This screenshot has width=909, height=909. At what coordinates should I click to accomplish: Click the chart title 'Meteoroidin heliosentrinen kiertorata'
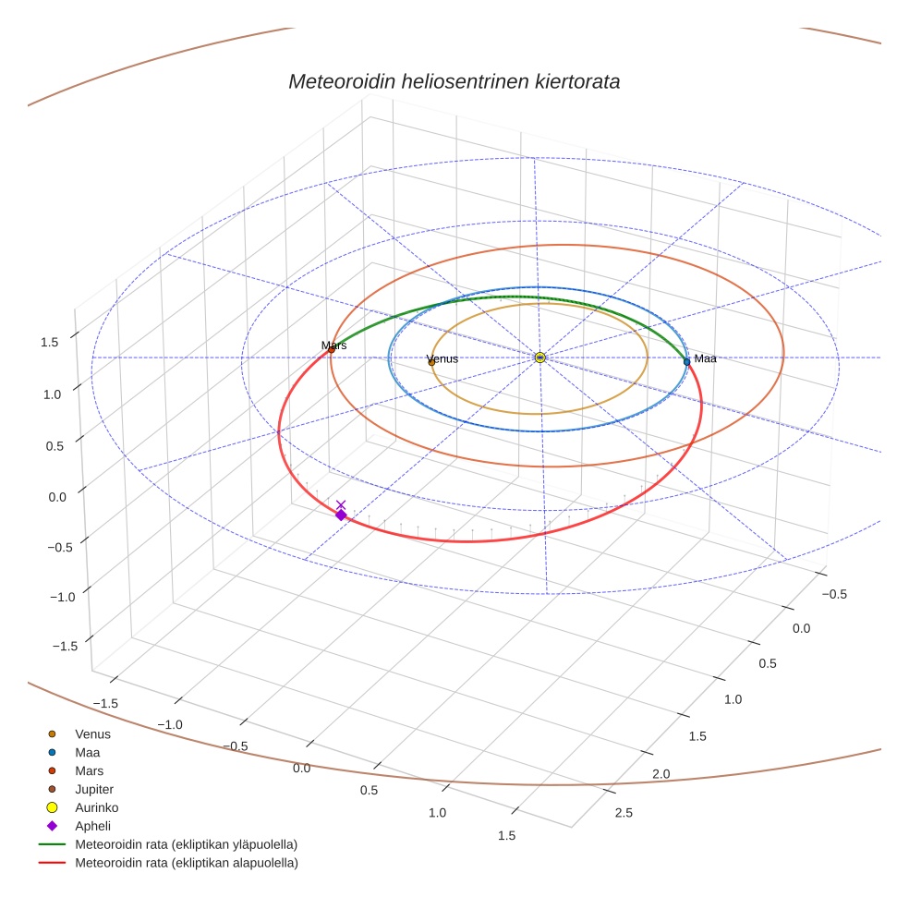click(454, 81)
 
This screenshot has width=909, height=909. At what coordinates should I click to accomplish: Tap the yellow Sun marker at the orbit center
click(540, 358)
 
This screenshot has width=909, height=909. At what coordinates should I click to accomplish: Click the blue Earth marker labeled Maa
click(686, 361)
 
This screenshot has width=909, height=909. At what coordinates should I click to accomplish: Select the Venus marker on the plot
click(431, 362)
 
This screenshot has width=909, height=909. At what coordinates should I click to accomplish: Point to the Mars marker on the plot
click(332, 349)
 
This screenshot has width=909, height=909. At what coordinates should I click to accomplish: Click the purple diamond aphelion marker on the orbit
click(341, 515)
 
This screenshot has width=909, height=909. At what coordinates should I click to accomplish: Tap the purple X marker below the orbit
click(341, 504)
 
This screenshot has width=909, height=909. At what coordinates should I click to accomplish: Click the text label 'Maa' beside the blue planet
click(705, 358)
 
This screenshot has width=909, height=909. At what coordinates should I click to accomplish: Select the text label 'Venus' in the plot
click(442, 358)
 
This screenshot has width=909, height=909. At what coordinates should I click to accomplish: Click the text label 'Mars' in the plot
click(334, 345)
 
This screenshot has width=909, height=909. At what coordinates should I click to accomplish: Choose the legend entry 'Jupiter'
click(94, 789)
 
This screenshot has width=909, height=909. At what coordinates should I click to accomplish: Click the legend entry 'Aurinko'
click(97, 807)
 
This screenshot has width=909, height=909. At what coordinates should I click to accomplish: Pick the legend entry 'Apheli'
click(92, 826)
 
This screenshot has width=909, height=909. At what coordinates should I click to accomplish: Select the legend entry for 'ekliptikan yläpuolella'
click(186, 844)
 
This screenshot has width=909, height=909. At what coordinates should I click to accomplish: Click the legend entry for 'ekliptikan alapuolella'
click(186, 863)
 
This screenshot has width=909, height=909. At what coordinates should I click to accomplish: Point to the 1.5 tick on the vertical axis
click(49, 342)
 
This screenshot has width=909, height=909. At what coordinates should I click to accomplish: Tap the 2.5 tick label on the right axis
click(624, 813)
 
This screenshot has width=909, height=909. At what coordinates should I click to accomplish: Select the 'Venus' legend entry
click(92, 733)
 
